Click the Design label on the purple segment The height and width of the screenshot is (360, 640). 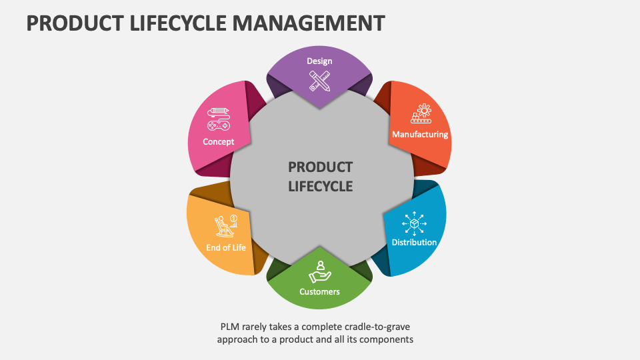(x=319, y=61)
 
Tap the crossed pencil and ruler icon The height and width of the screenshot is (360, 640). (x=319, y=81)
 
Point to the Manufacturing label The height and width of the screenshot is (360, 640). (x=420, y=135)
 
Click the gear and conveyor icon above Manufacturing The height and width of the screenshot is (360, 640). (x=421, y=114)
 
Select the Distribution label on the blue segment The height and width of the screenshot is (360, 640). (x=414, y=242)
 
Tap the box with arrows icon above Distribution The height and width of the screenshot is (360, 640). (x=414, y=223)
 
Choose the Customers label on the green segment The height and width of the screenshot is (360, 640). (x=319, y=291)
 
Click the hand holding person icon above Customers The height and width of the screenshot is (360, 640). (x=319, y=271)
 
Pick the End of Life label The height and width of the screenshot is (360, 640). (x=226, y=247)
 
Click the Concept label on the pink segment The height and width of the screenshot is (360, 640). (x=219, y=141)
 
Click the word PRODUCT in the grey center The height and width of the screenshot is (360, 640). (x=320, y=167)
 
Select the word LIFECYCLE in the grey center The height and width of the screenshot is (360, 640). (x=320, y=187)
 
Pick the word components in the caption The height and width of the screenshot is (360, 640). (x=390, y=339)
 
